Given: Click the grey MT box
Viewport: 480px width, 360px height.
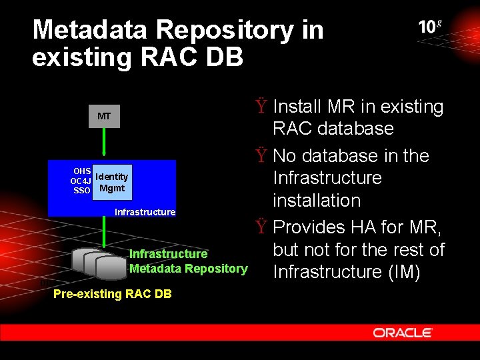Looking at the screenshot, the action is point(104,116).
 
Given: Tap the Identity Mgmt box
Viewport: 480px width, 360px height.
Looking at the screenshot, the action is point(112,182).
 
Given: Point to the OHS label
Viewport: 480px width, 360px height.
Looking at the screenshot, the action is point(82,171).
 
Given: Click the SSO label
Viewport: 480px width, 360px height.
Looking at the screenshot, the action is point(82,190).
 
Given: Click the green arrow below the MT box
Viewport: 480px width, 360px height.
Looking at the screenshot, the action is point(104,143).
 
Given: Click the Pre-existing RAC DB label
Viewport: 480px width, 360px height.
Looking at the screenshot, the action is point(112,294).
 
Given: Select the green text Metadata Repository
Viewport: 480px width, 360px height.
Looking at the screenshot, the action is point(188,269).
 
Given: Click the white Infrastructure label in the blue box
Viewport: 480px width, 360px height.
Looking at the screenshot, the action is point(145,212).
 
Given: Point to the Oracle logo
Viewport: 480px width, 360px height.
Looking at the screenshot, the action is point(403,333).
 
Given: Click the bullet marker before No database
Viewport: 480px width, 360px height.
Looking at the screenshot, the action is point(262,156).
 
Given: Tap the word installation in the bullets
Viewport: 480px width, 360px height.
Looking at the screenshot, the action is point(317,200).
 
